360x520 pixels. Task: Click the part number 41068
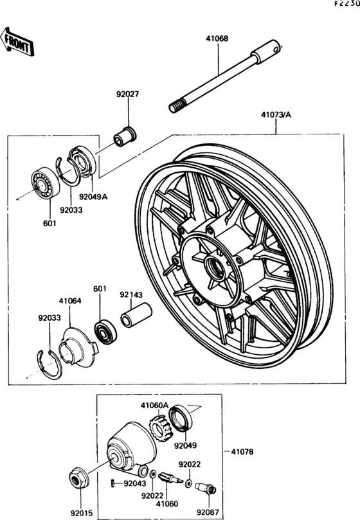[217, 39]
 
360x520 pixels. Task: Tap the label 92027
[127, 94]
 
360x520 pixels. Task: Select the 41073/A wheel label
[276, 116]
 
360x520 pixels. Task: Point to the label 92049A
[93, 197]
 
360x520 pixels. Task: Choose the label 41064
[70, 300]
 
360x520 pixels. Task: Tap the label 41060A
[154, 406]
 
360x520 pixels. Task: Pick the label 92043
[134, 483]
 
